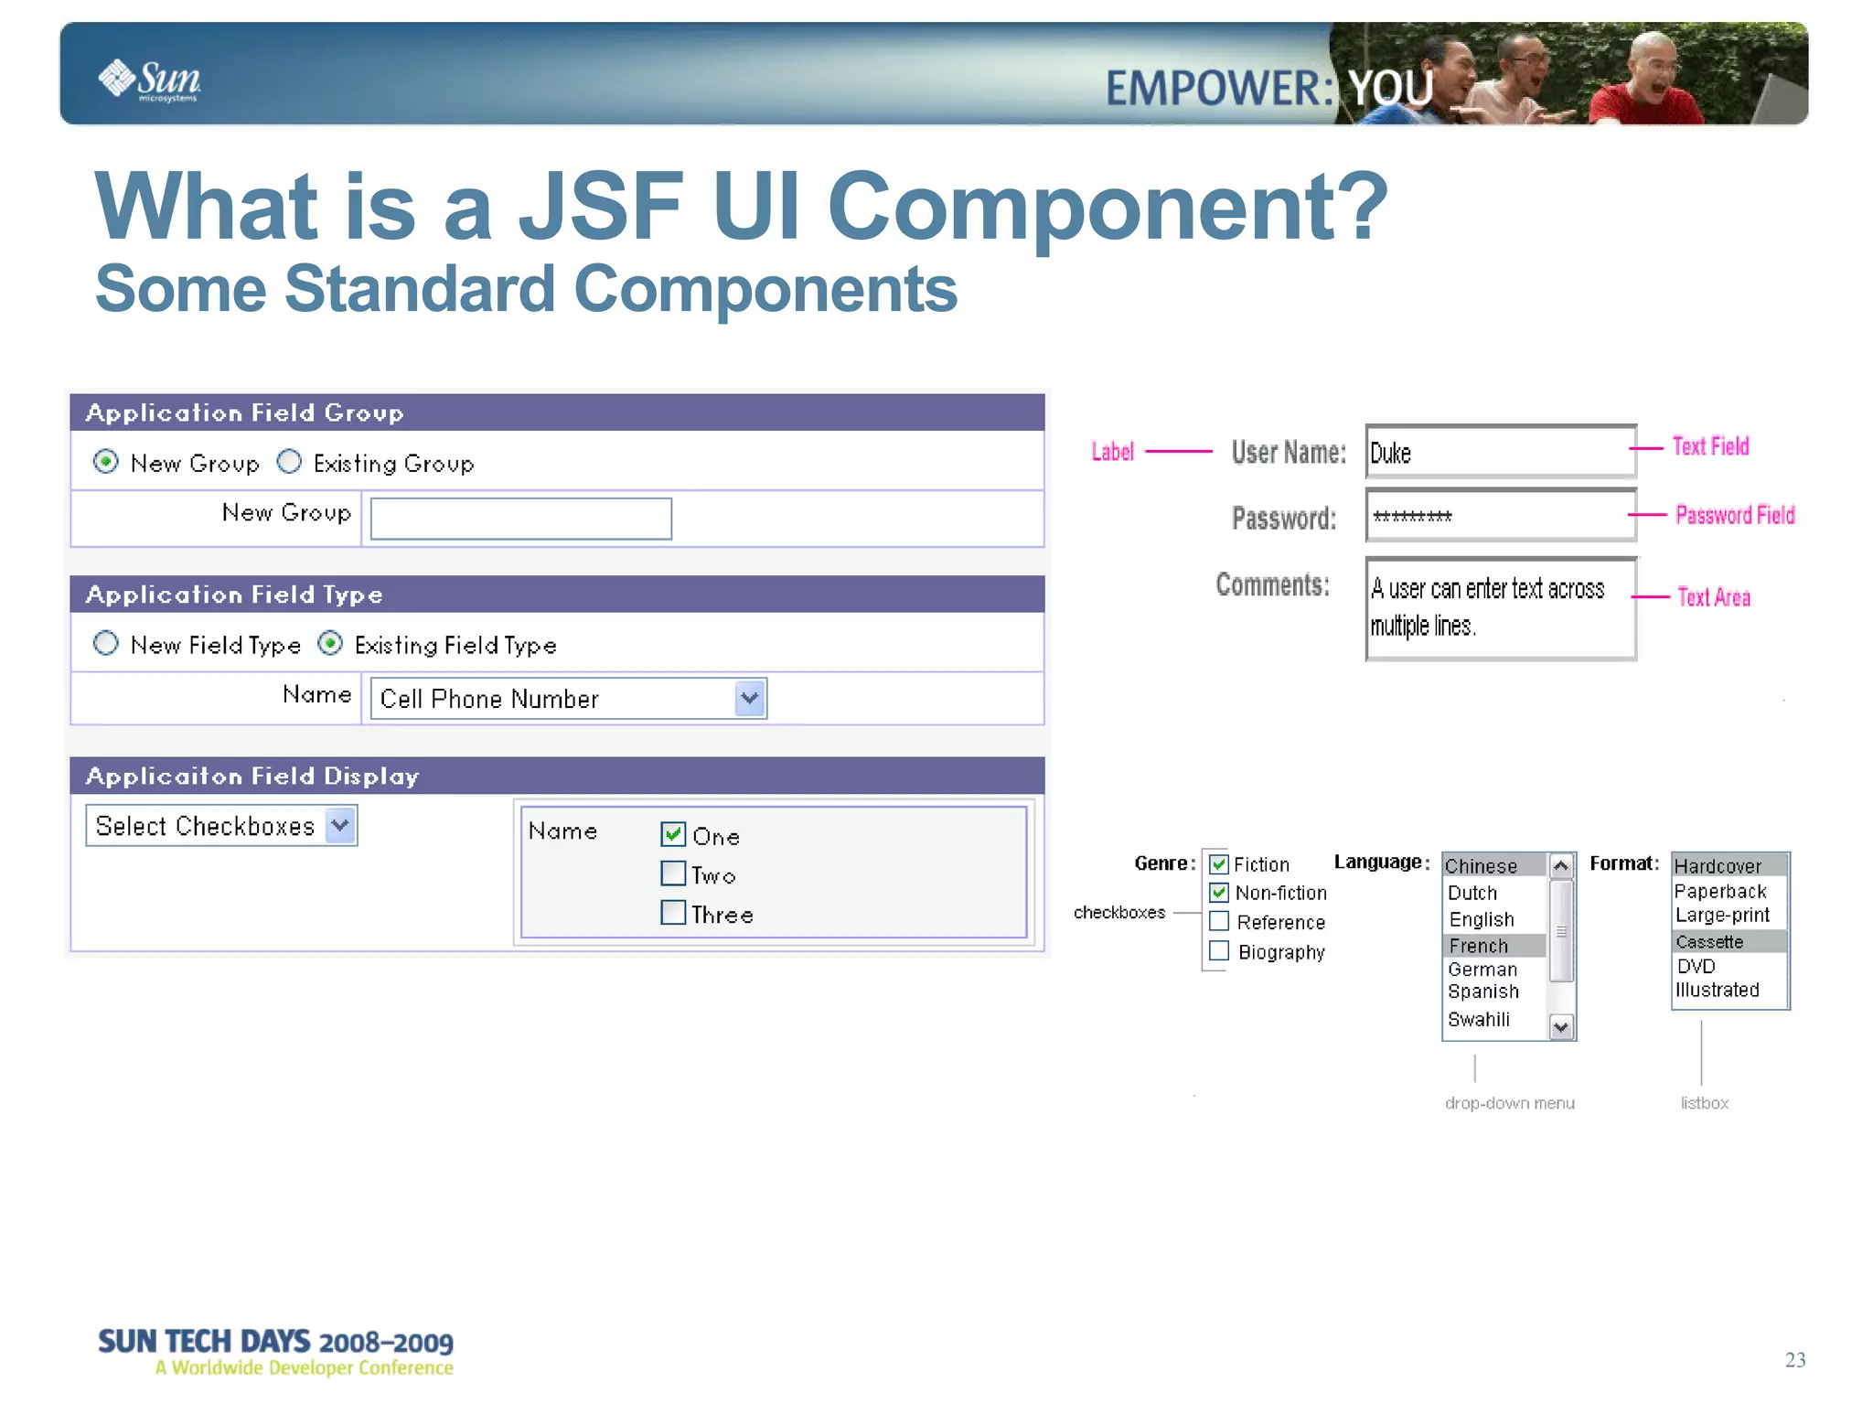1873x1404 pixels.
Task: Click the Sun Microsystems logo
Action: (149, 80)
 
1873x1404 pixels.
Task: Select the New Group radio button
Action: (106, 462)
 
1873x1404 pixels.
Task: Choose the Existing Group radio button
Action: (289, 462)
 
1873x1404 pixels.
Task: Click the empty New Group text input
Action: (520, 519)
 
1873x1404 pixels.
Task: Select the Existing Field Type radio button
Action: (330, 644)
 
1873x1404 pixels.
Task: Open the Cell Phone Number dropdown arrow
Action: (749, 699)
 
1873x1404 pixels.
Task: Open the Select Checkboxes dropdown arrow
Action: (340, 825)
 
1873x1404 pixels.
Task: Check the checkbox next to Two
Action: (673, 873)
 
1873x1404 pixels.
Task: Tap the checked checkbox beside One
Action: (673, 834)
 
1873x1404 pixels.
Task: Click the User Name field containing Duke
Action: (1500, 452)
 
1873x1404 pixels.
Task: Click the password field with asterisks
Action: (1500, 516)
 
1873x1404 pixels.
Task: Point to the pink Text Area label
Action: (1713, 597)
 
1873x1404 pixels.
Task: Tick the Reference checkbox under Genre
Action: (1219, 921)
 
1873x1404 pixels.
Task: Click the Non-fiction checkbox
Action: (1219, 892)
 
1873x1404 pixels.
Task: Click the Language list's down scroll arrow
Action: (1561, 1027)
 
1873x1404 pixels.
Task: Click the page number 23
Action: (1794, 1360)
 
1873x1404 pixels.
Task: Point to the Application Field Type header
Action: (234, 595)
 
